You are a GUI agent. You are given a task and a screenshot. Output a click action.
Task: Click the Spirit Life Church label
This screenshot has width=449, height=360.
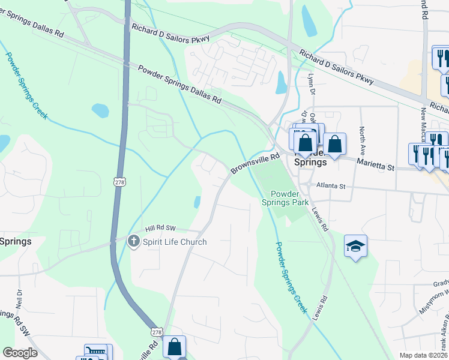pyautogui.click(x=175, y=242)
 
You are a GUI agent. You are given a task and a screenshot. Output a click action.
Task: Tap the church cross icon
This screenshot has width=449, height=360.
pyautogui.click(x=134, y=242)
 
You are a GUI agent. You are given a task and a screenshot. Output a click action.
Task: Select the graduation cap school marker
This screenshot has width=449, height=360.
pyautogui.click(x=355, y=246)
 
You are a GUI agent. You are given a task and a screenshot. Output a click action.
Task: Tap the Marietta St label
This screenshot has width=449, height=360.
pyautogui.click(x=376, y=163)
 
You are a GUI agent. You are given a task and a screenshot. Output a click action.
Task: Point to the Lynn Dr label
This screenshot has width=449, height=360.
pyautogui.click(x=311, y=85)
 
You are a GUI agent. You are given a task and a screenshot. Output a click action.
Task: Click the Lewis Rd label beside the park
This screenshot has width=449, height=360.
pyautogui.click(x=320, y=220)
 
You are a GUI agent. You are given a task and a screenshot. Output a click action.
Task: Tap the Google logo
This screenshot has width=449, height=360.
pyautogui.click(x=20, y=353)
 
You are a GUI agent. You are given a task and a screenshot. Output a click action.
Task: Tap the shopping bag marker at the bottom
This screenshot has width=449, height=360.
pyautogui.click(x=174, y=346)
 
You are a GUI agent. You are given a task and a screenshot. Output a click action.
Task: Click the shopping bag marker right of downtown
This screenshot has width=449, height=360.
pyautogui.click(x=335, y=143)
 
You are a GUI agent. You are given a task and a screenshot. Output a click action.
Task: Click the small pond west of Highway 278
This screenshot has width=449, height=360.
pyautogui.click(x=100, y=110)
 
